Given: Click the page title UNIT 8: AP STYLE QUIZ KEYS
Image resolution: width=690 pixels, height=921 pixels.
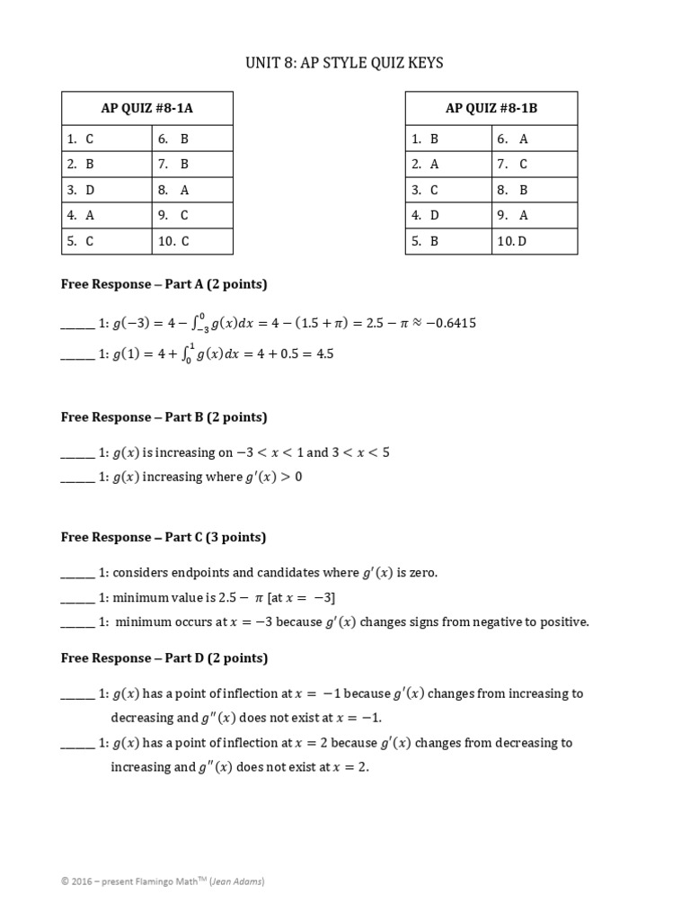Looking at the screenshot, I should pos(344,63).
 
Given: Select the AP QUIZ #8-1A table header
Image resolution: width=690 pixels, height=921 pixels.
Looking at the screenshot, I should pos(146,109).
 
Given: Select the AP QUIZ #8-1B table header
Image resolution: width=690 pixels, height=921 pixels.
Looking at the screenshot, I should pos(491,109).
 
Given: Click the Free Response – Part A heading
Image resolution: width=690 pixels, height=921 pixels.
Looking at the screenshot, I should pos(164,284).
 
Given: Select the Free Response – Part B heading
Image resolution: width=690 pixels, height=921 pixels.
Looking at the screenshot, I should pos(164,417).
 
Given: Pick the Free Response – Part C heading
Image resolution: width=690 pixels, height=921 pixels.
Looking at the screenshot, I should pos(164,538).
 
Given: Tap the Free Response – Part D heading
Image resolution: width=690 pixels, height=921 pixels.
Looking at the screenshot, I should pos(164,658).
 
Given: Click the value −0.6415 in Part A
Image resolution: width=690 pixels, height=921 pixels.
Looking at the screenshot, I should pos(450,324).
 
